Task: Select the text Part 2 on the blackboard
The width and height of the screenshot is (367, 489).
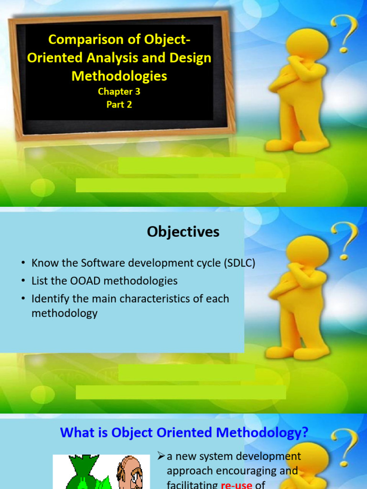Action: (119, 104)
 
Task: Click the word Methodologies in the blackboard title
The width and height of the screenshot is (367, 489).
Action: (119, 75)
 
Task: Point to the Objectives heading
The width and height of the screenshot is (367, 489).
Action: (183, 232)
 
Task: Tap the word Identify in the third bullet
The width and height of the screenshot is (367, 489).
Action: (52, 299)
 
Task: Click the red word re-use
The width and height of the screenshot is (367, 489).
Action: (237, 484)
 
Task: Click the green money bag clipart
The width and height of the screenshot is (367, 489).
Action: (83, 473)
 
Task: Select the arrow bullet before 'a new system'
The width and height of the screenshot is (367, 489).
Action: (161, 457)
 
